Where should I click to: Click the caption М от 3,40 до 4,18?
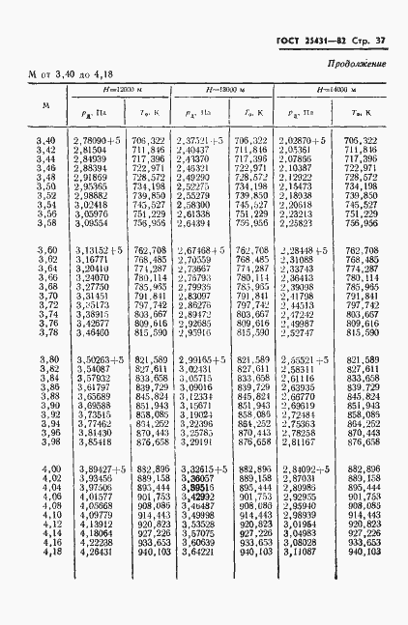[71, 73]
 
